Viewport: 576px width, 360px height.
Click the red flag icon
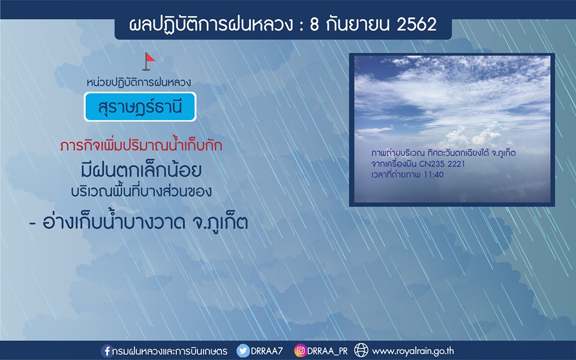(148, 62)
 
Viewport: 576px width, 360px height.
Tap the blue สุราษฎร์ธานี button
(140, 107)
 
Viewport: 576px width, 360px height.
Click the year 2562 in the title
(416, 25)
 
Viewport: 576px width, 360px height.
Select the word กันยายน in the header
(357, 25)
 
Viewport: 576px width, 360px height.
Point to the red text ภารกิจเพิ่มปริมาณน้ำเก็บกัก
(141, 145)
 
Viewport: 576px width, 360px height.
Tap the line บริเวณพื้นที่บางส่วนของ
(141, 191)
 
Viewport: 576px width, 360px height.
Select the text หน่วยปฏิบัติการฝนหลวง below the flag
(139, 82)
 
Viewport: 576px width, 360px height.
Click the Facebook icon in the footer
(107, 351)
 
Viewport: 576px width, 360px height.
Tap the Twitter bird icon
(243, 351)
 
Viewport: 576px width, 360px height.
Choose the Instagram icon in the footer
(300, 351)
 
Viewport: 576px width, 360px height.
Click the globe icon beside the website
(361, 350)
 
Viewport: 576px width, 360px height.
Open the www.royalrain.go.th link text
(413, 351)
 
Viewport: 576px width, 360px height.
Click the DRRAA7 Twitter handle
(266, 351)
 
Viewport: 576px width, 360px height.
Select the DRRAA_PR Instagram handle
(328, 351)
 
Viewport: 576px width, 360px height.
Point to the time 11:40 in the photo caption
(433, 175)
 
